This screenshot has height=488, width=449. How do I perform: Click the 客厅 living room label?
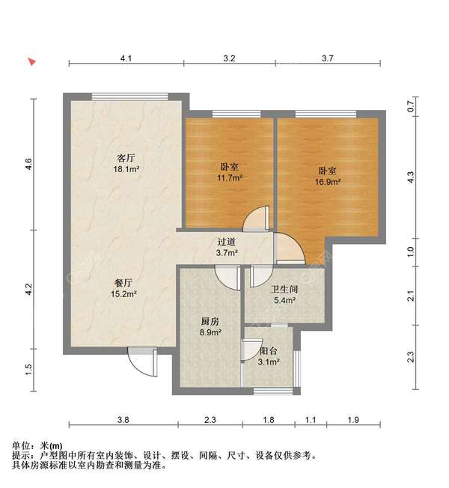(x=125, y=159)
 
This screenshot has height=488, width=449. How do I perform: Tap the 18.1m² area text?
(x=125, y=170)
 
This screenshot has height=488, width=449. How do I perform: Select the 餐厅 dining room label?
(x=123, y=283)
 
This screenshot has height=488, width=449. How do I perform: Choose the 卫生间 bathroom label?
(x=285, y=289)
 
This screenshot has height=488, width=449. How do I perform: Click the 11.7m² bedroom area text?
(x=229, y=178)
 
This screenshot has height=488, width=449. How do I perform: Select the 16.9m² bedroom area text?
(x=327, y=181)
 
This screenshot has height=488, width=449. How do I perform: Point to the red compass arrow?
(x=31, y=61)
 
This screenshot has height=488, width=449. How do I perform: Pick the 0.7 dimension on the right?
(x=410, y=107)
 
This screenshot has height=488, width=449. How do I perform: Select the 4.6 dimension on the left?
(x=28, y=164)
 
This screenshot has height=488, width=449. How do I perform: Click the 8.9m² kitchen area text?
(x=210, y=333)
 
